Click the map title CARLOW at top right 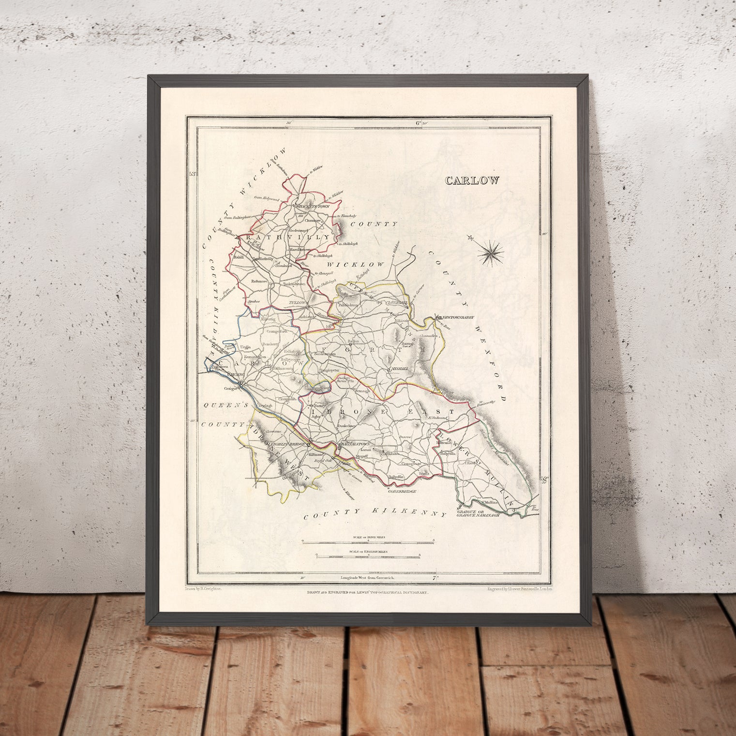pos(472,180)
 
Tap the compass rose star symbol pos(490,251)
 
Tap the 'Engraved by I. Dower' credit pos(520,589)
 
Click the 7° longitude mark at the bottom pos(437,577)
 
